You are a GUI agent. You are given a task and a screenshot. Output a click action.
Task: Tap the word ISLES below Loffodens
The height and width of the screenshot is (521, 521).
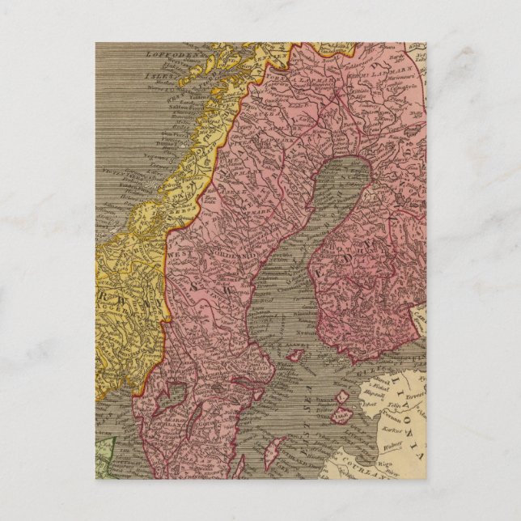155,73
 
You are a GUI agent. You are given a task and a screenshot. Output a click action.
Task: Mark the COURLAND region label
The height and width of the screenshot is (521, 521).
380,472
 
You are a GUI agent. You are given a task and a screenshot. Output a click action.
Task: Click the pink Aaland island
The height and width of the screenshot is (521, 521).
296,354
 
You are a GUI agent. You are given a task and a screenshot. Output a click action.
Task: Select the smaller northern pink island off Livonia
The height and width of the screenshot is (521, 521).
342,397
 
